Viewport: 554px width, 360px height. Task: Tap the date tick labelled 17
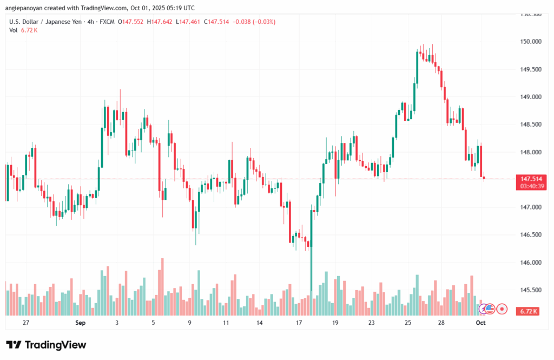(298, 323)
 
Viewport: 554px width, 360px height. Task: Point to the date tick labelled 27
(25, 323)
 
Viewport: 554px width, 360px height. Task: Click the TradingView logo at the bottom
(46, 345)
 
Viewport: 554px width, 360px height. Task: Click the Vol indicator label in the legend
(14, 30)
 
